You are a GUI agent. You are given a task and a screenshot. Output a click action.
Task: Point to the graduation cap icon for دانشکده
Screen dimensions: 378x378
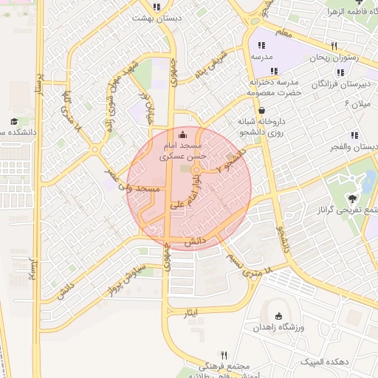[14, 121]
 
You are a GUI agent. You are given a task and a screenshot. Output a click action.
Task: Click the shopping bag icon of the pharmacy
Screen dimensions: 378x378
[262, 110]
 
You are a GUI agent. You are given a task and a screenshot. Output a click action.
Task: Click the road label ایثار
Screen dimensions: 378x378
[191, 313]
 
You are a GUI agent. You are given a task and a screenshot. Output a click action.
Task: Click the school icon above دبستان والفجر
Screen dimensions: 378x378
[354, 135]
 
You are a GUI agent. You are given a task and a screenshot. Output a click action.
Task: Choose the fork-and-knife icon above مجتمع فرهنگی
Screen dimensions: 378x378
[224, 355]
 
